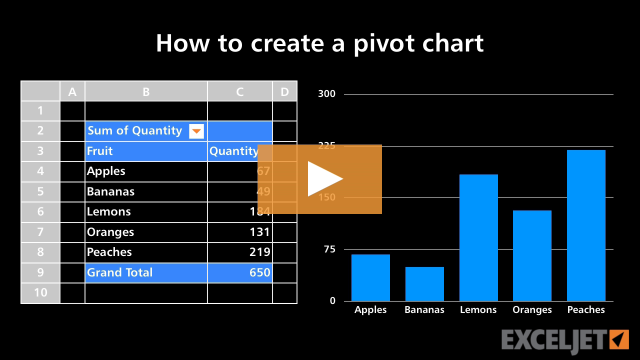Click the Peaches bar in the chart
coord(586,225)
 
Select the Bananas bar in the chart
coord(424,284)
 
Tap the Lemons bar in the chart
coord(478,237)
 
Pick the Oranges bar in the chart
coord(532,255)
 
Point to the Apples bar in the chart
coord(370,277)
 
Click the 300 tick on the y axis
coord(327,94)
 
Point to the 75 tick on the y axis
coord(329,249)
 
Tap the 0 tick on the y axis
coord(332,301)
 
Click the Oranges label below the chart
coord(532,310)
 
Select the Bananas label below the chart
coord(424,310)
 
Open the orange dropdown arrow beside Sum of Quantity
coord(196,131)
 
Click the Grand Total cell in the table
coord(146,272)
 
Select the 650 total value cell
coord(240,272)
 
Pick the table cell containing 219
coord(240,252)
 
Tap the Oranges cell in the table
coord(146,232)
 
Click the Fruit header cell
coord(146,151)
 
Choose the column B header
coord(146,91)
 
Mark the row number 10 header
coord(40,292)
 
